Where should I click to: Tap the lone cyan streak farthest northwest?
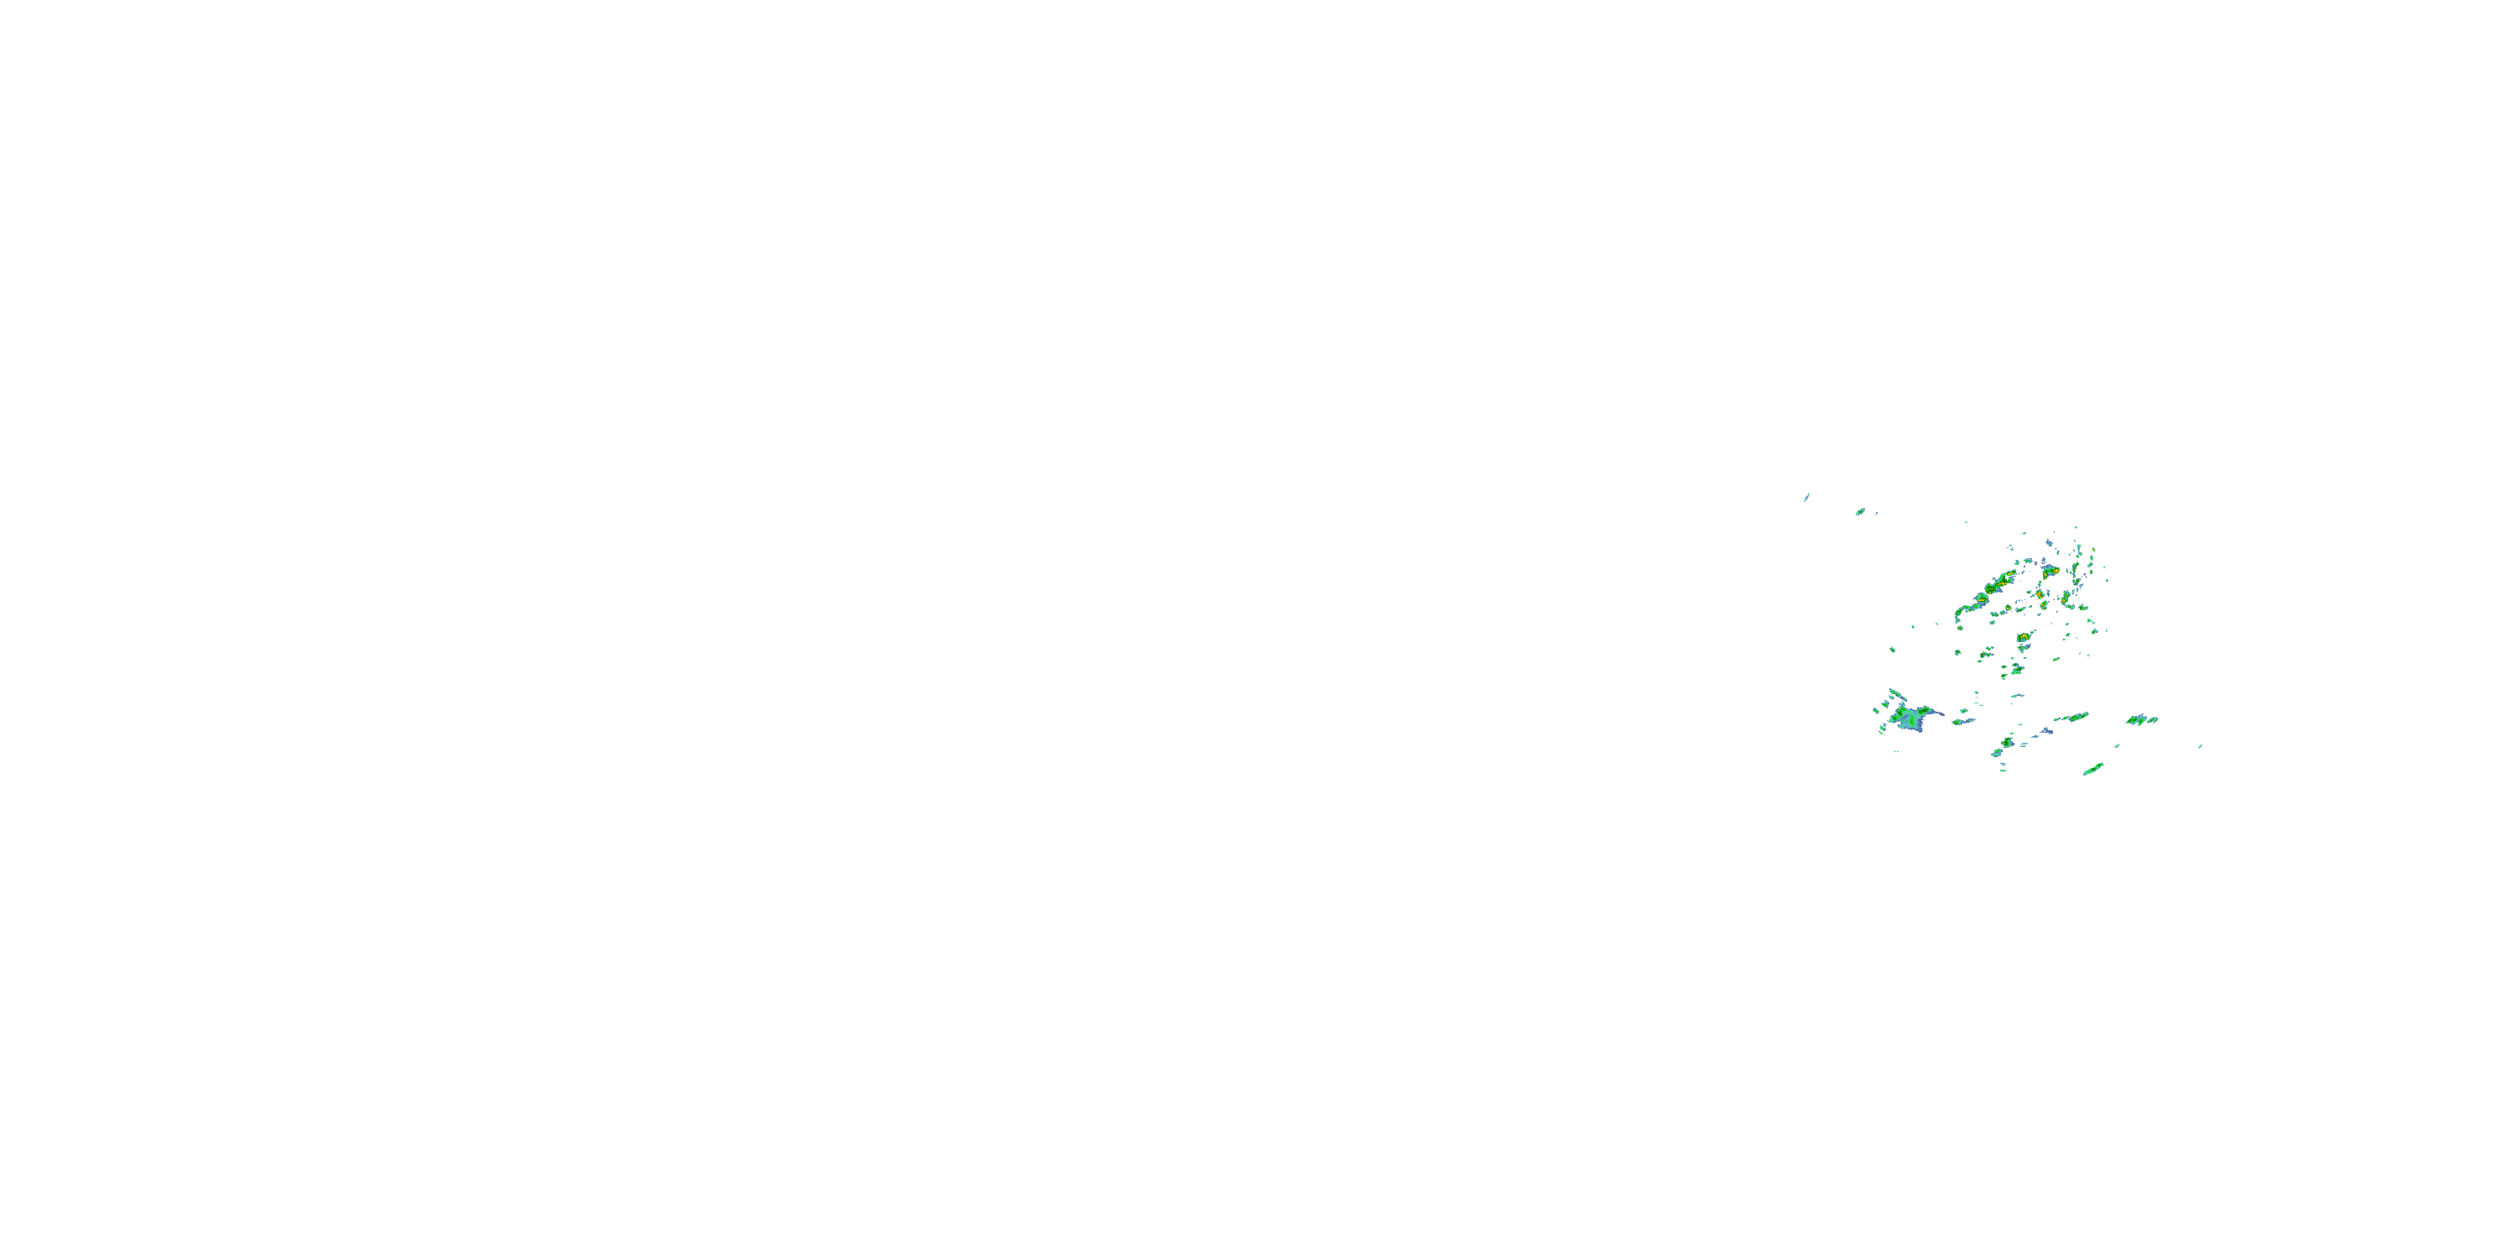click(x=1806, y=497)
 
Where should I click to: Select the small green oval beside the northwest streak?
click(x=1860, y=511)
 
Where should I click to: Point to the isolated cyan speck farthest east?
click(x=2200, y=747)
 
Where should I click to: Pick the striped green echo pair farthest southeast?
click(x=2142, y=720)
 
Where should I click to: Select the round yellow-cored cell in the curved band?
click(x=1981, y=599)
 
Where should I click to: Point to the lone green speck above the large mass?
click(x=1893, y=649)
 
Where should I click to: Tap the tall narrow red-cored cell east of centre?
click(x=2042, y=593)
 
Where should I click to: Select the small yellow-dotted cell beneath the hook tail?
click(x=1958, y=654)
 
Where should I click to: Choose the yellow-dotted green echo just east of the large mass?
click(x=1962, y=721)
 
